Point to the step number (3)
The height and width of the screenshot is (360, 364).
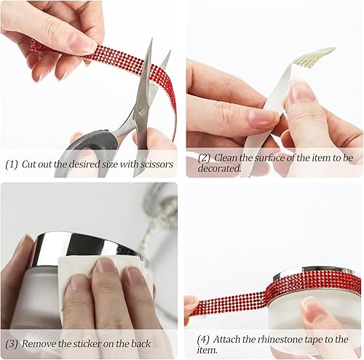tap(11, 343)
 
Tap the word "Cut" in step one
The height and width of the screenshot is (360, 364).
tap(30, 164)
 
